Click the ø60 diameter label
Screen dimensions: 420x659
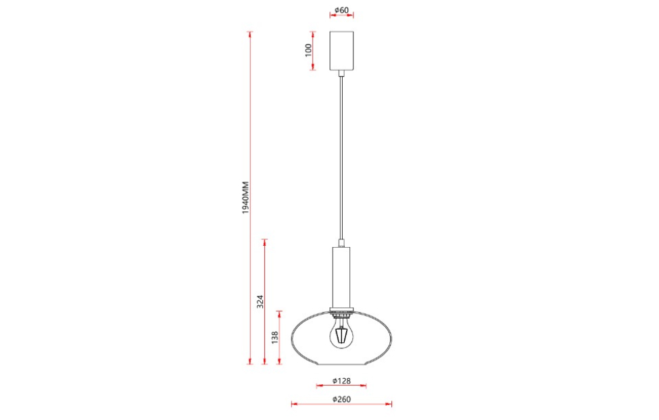(x=341, y=11)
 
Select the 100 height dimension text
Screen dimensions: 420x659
(x=309, y=50)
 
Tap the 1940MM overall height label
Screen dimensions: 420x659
(x=245, y=199)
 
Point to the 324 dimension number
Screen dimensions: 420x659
(x=260, y=302)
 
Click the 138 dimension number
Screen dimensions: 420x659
(x=275, y=338)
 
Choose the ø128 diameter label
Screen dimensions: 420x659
(x=341, y=381)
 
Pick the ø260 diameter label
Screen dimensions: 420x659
(x=341, y=399)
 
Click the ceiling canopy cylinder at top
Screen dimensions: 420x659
(x=342, y=51)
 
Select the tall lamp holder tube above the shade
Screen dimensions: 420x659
(x=341, y=277)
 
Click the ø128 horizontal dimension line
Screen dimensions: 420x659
(x=324, y=386)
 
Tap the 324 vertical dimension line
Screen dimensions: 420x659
(x=265, y=270)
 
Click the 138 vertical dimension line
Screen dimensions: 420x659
(x=280, y=351)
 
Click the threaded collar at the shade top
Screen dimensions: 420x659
(x=341, y=311)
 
